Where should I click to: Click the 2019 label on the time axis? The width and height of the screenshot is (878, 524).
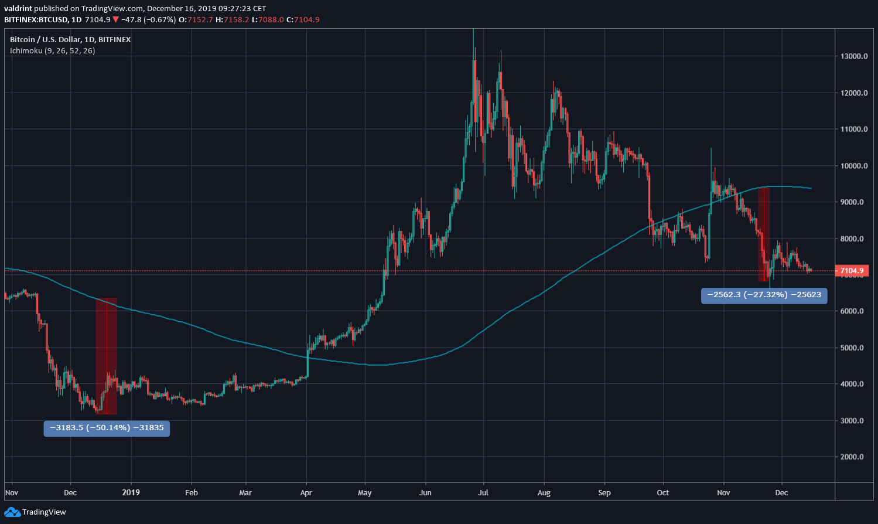point(131,493)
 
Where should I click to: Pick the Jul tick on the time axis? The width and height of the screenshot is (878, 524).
point(484,493)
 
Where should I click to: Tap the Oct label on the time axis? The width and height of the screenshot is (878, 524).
point(663,493)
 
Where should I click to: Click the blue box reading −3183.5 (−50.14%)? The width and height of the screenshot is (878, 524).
point(107,428)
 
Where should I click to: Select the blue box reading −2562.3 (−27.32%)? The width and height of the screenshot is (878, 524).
point(764,295)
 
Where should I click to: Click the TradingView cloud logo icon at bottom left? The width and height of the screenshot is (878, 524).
point(12,512)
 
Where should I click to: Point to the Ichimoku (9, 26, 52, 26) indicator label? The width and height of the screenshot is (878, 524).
point(53,51)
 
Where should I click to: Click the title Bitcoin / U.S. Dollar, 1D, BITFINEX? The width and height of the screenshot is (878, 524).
point(70,40)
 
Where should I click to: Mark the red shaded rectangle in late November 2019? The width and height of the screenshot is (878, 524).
point(764,234)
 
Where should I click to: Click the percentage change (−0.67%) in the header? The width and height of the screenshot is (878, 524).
point(160,20)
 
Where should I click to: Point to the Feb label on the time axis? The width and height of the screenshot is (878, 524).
point(192,493)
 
